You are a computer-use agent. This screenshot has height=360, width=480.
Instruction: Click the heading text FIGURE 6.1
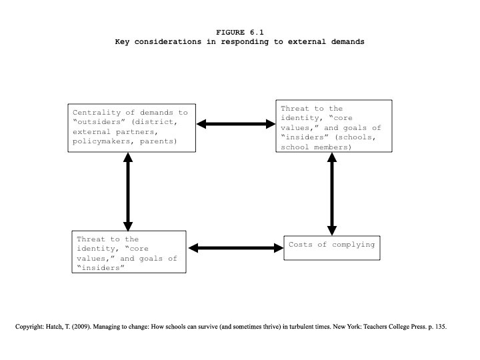click(240, 32)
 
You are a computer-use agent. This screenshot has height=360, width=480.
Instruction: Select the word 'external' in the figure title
click(307, 41)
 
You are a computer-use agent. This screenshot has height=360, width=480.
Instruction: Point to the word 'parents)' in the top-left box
click(159, 141)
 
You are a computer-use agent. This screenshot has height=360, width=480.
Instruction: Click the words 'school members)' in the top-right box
click(316, 147)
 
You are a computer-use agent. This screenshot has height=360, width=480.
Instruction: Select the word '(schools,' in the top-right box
click(355, 137)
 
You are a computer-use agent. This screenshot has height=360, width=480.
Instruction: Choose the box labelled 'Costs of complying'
click(332, 248)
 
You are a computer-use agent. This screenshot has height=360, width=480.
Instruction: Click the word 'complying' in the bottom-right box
click(353, 245)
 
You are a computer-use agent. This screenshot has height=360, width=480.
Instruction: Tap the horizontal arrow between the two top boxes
click(236, 124)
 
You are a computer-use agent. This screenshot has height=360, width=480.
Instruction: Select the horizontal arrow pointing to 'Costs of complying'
click(236, 248)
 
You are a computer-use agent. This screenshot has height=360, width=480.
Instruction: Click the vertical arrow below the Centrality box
click(128, 191)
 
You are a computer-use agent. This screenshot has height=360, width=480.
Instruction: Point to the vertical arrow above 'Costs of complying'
click(332, 194)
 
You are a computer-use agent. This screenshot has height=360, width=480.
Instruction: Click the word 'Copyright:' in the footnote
click(30, 327)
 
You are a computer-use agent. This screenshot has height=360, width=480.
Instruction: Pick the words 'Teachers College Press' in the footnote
click(395, 327)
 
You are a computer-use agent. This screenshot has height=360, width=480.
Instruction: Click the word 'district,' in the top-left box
click(155, 122)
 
